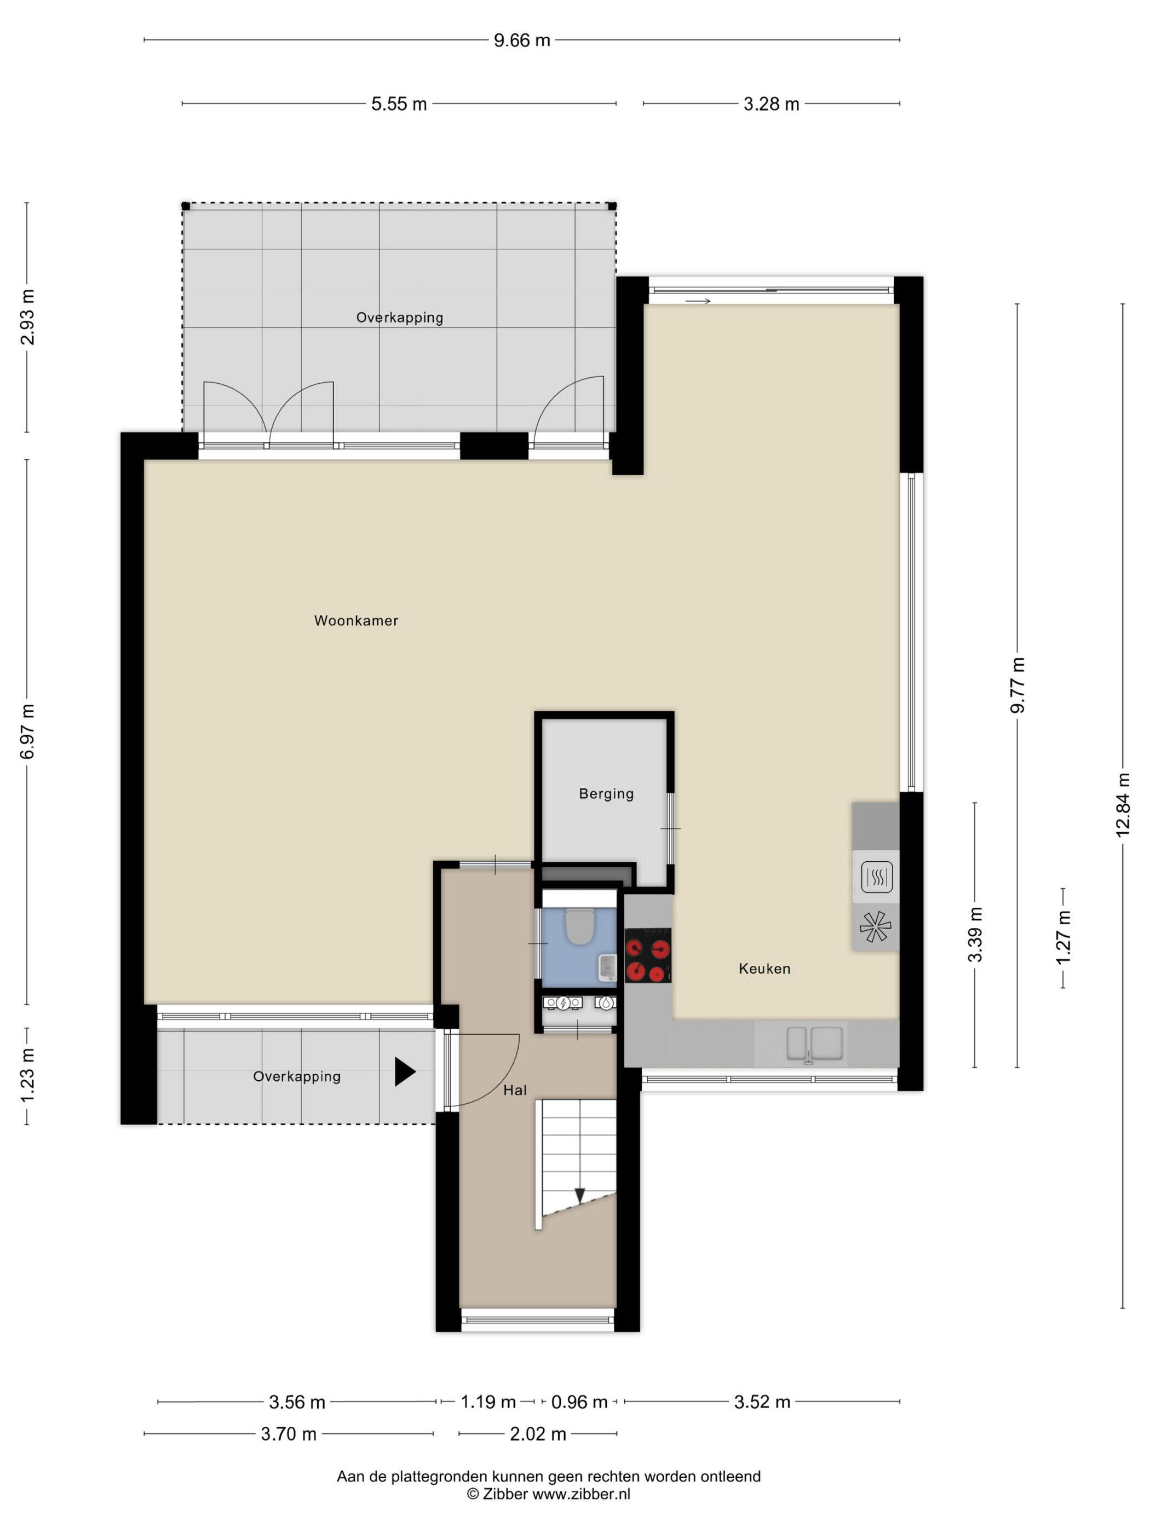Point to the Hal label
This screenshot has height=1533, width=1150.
515,1090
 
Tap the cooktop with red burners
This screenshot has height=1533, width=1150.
647,955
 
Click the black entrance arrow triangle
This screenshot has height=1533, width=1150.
405,1071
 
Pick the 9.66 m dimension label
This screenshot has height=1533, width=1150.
521,40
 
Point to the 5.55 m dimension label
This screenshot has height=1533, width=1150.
399,104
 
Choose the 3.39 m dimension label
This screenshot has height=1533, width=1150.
975,934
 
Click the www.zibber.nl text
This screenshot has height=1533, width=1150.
581,1494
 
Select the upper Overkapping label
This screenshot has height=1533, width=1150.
399,318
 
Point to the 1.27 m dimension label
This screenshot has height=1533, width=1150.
1063,937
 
